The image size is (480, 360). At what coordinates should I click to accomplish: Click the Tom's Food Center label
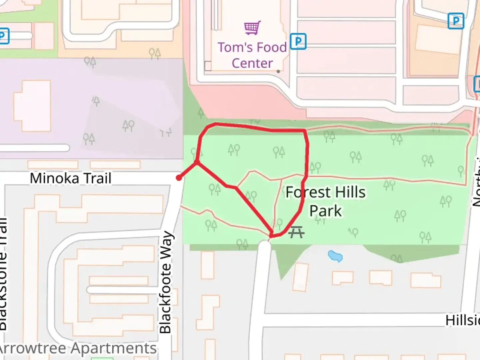252,55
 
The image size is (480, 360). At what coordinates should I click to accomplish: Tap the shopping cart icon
252,28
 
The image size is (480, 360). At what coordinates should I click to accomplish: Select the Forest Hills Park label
325,201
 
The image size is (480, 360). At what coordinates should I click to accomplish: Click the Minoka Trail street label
70,178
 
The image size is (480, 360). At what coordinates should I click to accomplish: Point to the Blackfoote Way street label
166,282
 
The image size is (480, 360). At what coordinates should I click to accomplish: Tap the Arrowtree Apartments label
77,349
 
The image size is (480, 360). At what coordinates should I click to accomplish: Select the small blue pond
335,256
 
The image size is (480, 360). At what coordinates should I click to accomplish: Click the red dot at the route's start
179,178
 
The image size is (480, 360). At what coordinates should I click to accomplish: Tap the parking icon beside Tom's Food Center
298,41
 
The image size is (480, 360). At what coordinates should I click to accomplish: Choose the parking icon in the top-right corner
456,21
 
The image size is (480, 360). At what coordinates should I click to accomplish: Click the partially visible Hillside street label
463,320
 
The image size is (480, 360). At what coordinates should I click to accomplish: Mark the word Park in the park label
325,211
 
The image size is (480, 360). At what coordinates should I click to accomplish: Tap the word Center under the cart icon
252,63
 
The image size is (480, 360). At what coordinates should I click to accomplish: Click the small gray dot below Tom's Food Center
278,71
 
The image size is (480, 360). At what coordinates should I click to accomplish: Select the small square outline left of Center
208,66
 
